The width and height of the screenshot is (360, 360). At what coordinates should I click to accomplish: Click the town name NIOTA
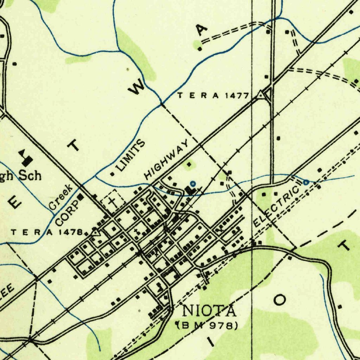[209, 311]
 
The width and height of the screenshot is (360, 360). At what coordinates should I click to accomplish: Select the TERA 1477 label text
[213, 95]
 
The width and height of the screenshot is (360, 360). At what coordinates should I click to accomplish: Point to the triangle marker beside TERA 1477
[261, 94]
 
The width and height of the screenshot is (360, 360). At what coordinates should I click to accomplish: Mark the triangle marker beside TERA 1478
[95, 232]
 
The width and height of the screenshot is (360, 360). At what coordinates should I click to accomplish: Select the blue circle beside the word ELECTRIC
[306, 182]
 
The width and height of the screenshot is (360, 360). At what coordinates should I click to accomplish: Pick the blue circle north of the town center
[192, 183]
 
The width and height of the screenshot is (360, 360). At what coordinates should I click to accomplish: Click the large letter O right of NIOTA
[280, 300]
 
